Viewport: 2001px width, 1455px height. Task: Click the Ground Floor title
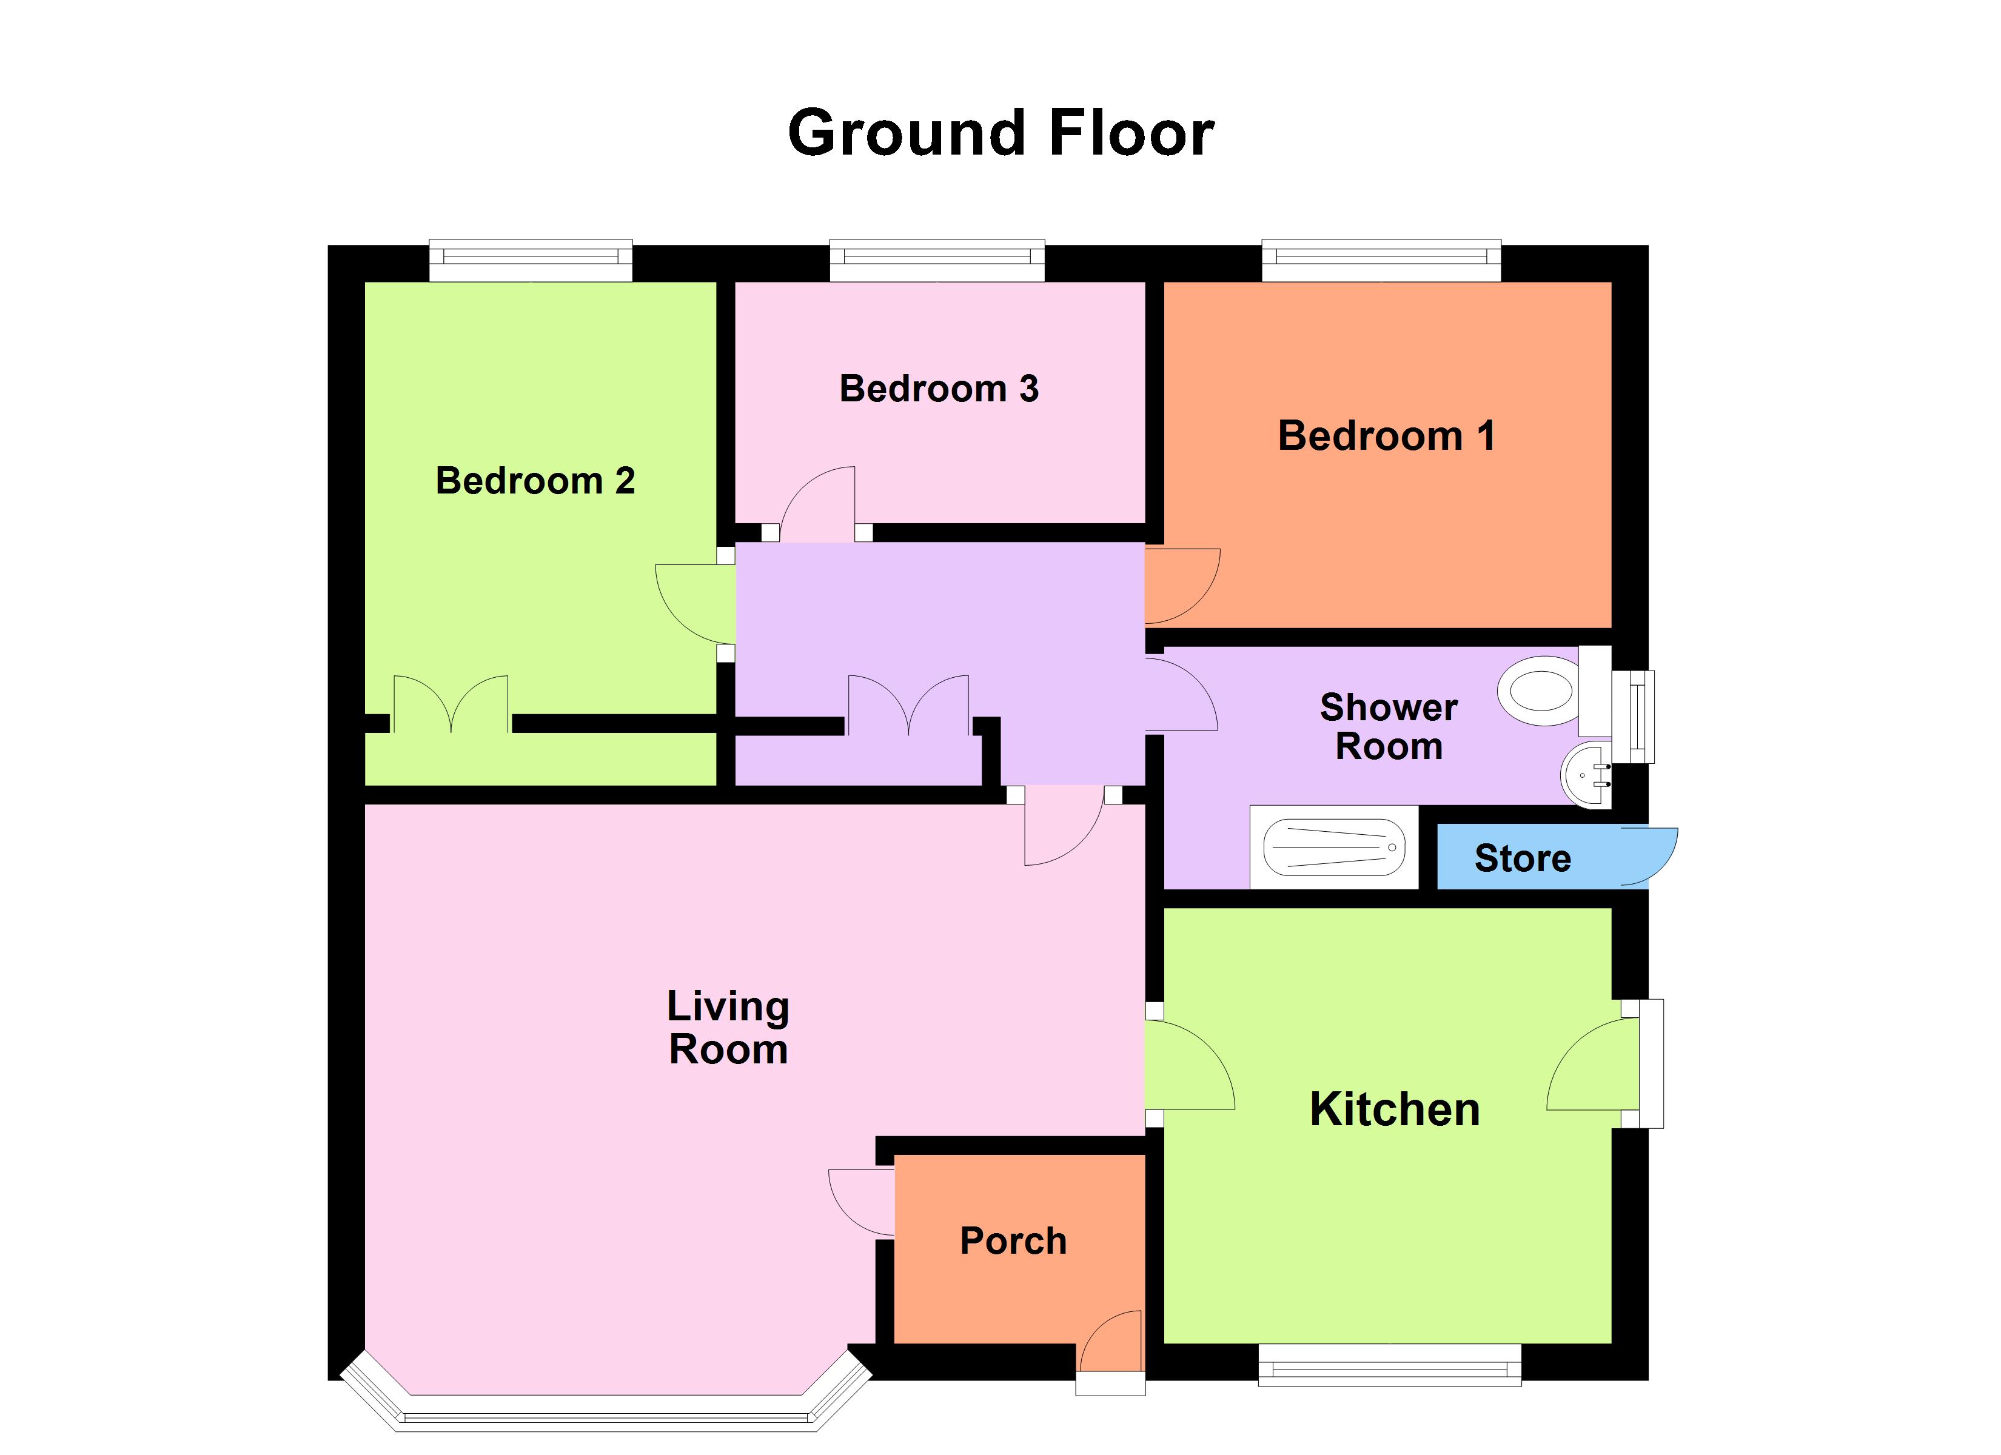pyautogui.click(x=1000, y=134)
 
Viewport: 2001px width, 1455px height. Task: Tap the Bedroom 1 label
pyautogui.click(x=1386, y=436)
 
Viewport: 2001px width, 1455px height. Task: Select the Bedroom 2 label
pyautogui.click(x=535, y=481)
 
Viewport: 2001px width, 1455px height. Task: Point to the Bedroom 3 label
pyautogui.click(x=939, y=389)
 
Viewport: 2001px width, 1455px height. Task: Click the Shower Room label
pyautogui.click(x=1389, y=727)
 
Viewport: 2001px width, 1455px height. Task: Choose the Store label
pyautogui.click(x=1523, y=858)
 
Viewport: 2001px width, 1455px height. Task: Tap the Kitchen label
pyautogui.click(x=1394, y=1110)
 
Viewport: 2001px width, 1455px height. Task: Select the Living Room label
pyautogui.click(x=728, y=1028)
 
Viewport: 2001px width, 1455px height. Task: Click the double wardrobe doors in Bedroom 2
pyautogui.click(x=451, y=703)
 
